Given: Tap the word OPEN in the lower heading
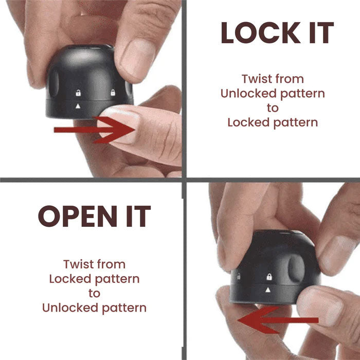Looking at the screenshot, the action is (x=78, y=217).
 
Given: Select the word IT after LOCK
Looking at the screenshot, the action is (x=321, y=32).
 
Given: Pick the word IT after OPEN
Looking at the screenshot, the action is (x=138, y=217).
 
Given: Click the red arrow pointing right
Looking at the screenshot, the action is (x=94, y=130).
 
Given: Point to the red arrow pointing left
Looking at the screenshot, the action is (x=278, y=320).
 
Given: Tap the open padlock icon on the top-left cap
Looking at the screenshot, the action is (x=78, y=93).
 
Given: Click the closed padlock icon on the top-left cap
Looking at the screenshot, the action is (x=113, y=93).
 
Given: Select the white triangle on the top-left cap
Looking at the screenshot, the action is (x=78, y=106).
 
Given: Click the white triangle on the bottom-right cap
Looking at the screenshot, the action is (x=268, y=290).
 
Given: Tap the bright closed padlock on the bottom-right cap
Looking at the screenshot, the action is (x=269, y=277).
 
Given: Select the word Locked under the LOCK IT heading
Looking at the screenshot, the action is (x=248, y=122).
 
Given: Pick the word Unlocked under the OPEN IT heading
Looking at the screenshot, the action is (x=70, y=308).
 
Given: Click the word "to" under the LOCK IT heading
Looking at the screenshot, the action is (x=273, y=108).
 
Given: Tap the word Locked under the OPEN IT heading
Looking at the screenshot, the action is (x=70, y=279).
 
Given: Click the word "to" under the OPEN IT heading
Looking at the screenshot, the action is (x=94, y=294).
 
